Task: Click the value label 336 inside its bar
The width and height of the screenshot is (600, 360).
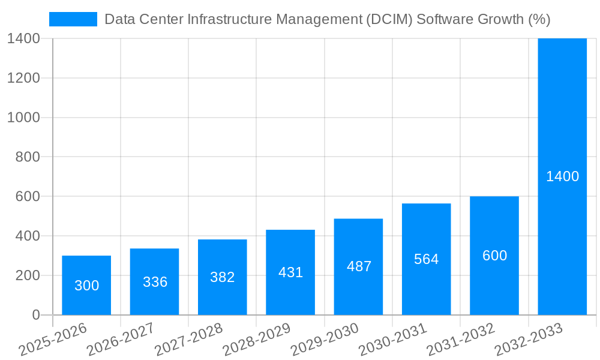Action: (155, 282)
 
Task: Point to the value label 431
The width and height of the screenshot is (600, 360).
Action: (291, 272)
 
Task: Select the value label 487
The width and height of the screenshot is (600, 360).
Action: (359, 266)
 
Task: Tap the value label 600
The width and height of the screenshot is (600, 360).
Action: (494, 256)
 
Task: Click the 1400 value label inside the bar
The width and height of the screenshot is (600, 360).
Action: (562, 176)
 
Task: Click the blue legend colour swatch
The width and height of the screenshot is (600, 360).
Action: (73, 19)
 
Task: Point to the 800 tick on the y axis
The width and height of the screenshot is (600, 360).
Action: (23, 157)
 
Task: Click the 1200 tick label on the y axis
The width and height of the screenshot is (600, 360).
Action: (23, 78)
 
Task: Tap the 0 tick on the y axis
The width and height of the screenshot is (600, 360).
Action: (35, 315)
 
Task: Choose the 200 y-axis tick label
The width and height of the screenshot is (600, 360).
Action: (23, 275)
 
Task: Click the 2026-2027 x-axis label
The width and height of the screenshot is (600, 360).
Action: (121, 340)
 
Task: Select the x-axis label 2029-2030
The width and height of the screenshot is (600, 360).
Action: (325, 340)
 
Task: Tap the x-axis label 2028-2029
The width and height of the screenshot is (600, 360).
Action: (257, 340)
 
